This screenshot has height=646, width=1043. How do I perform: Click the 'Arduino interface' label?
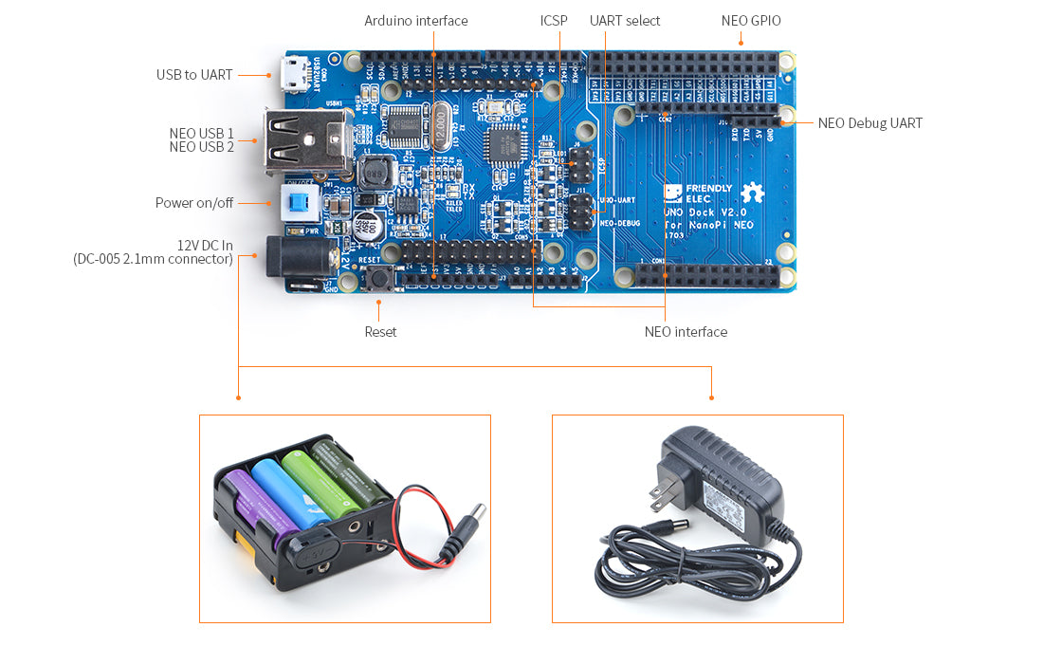coord(415,21)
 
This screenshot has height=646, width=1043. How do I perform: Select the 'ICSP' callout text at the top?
coord(554,21)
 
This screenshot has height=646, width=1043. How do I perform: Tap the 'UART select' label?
coord(625,21)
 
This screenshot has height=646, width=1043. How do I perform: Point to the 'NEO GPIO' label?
coord(751,21)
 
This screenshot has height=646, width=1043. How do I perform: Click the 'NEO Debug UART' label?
coord(869,123)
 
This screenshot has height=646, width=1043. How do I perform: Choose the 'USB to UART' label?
coord(194,75)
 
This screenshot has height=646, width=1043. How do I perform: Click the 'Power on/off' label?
coord(194,203)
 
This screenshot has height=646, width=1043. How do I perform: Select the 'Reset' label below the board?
coord(380,332)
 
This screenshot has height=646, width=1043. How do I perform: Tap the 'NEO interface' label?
coord(686,332)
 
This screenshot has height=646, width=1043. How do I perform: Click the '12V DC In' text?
coord(205,245)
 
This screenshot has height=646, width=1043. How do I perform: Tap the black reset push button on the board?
coord(380,278)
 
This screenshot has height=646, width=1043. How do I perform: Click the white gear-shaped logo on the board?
coord(752,193)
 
